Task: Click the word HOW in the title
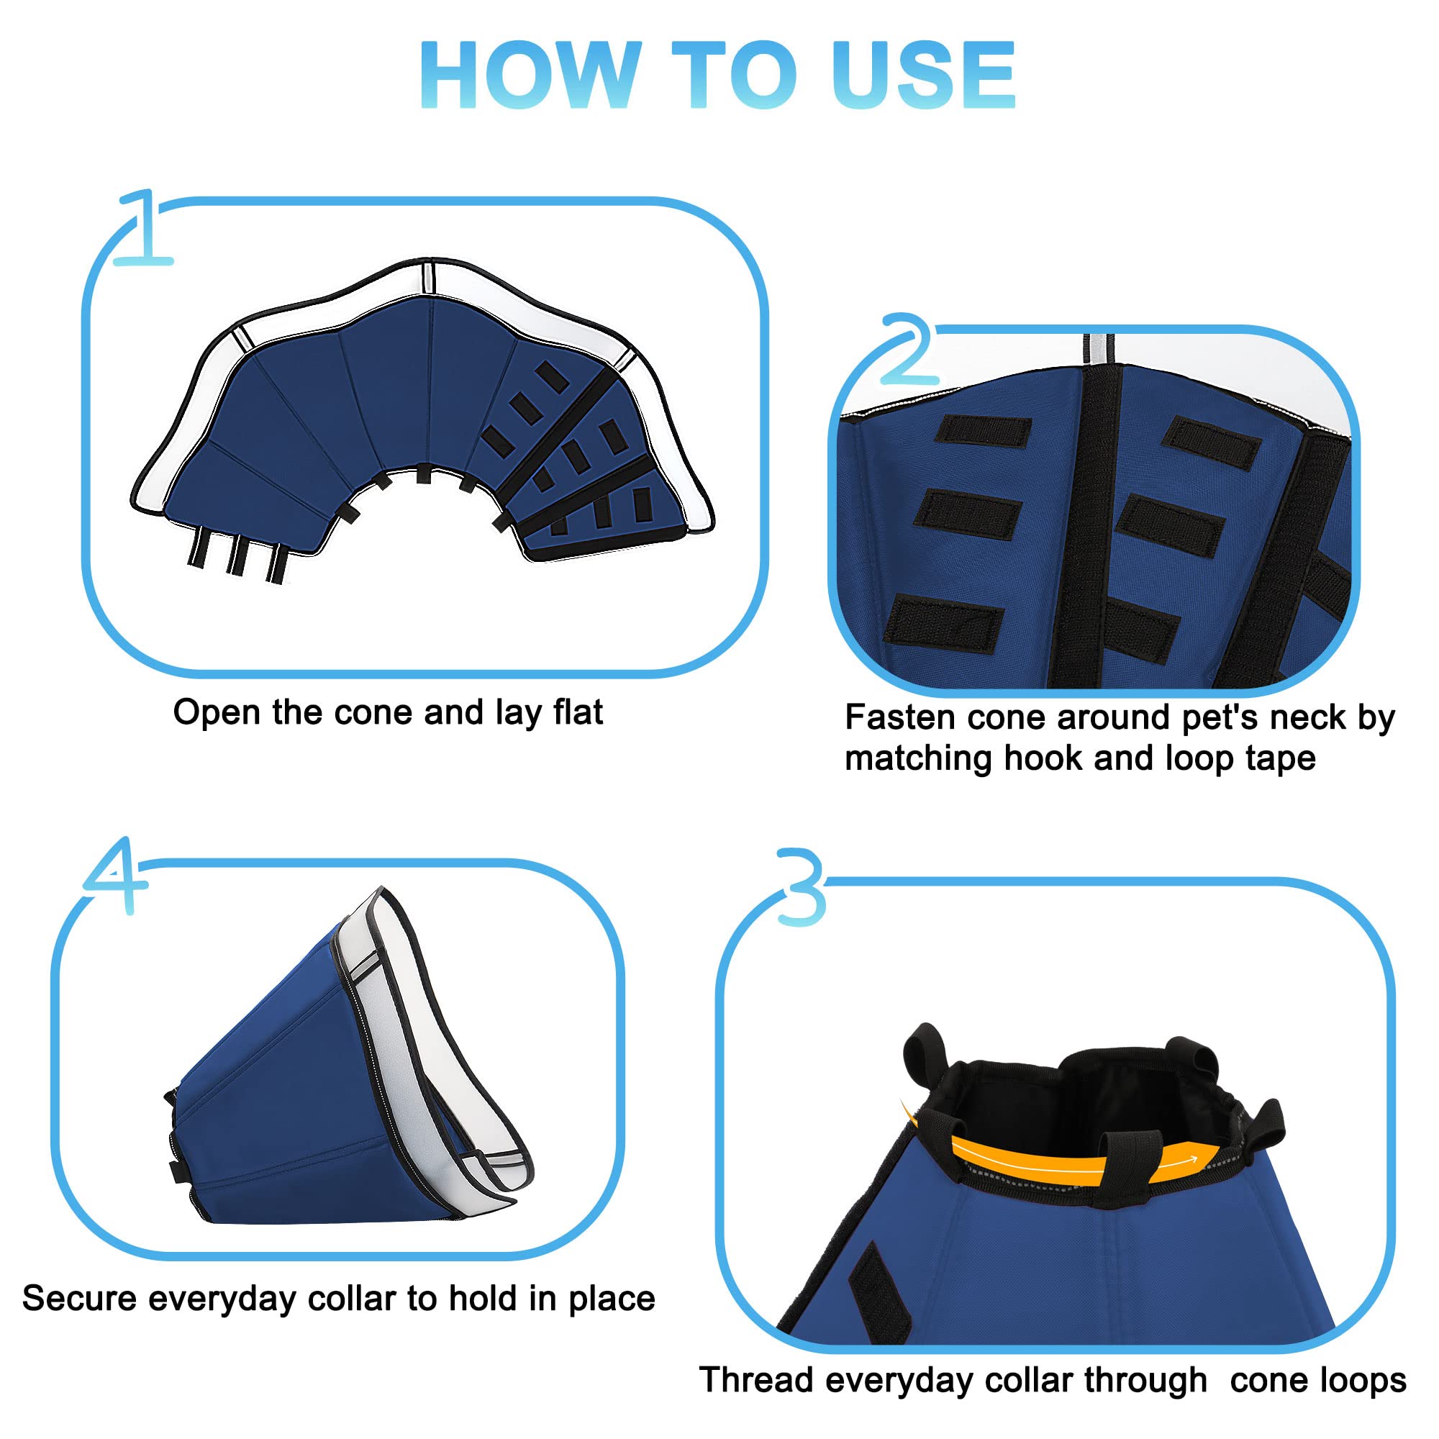click(x=530, y=75)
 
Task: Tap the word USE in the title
click(x=925, y=75)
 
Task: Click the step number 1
click(x=144, y=227)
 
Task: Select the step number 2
click(x=907, y=348)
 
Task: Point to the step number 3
click(x=801, y=887)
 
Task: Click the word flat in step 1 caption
click(x=578, y=712)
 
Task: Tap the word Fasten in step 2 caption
click(x=901, y=717)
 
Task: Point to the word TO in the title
click(x=735, y=75)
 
